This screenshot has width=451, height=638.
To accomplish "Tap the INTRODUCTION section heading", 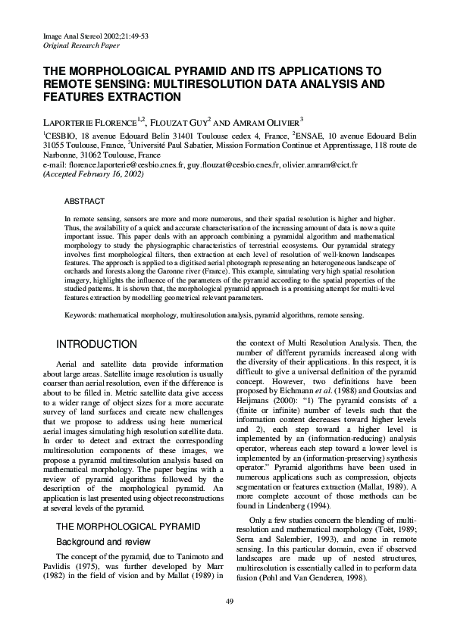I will pos(96,345).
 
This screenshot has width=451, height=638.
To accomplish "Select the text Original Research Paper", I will pos(77,45).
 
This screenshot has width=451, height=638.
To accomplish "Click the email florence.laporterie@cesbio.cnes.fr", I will pos(136,164).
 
